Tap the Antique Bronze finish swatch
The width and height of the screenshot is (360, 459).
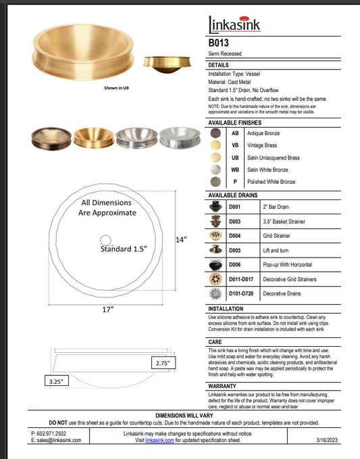[x=215, y=134]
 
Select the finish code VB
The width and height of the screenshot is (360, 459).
[x=235, y=145]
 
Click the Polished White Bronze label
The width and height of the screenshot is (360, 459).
[x=272, y=182]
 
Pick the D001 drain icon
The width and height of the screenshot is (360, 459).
[x=216, y=207]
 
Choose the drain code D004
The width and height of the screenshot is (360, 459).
[x=235, y=236]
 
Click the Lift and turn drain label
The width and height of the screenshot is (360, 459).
[x=276, y=250]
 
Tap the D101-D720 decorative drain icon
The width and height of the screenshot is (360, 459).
[x=216, y=294]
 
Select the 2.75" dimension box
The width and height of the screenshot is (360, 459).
[x=163, y=363]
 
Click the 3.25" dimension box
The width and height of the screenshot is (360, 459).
[x=55, y=381]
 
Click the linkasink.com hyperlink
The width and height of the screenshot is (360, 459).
[x=159, y=439]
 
